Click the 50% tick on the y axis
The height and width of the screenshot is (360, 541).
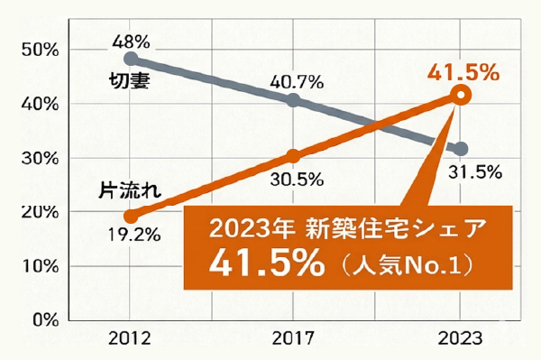(39, 50)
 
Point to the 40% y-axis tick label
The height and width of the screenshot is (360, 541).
(39, 104)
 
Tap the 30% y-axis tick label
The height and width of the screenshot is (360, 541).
(39, 158)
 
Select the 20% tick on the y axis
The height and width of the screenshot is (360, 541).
(39, 212)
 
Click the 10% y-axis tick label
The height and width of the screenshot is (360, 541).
(39, 266)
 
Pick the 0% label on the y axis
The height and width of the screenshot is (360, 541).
(43, 319)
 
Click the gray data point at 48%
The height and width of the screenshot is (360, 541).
(131, 59)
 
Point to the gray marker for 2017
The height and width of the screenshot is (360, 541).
(293, 100)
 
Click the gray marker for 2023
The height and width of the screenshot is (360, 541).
(461, 149)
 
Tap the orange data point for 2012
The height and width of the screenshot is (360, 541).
(131, 216)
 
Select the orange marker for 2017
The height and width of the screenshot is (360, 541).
(293, 156)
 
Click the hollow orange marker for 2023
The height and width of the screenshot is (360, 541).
(461, 95)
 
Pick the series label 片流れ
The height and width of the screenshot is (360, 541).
(129, 190)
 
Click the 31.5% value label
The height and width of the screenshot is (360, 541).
(476, 172)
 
